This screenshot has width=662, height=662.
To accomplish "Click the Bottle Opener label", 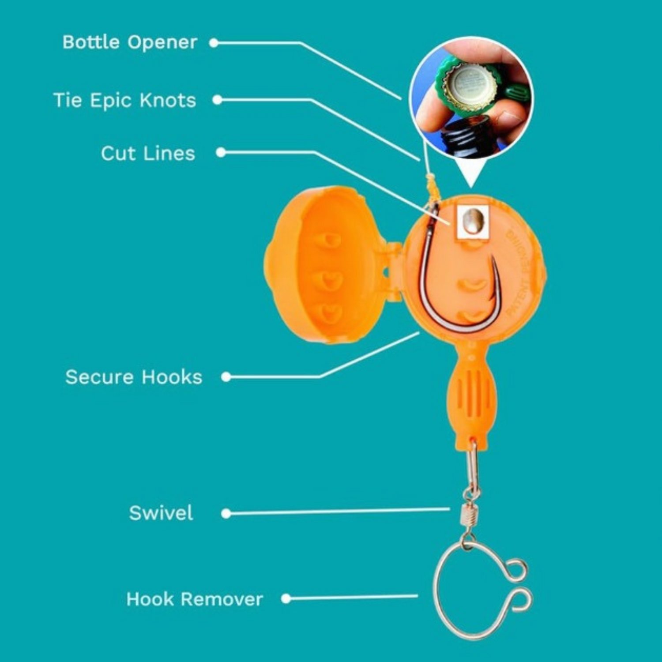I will coord(129,42).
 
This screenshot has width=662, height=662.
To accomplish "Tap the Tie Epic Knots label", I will coord(124,100).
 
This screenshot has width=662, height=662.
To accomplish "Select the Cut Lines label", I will coord(148,154).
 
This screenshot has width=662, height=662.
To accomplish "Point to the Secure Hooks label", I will coord(134,377).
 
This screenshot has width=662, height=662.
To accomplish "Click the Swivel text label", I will coord(161,513).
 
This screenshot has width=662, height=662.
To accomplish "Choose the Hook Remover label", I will coord(194,599).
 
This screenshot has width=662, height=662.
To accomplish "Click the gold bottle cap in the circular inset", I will coord(466,84).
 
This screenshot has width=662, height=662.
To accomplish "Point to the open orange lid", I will coord(322,265).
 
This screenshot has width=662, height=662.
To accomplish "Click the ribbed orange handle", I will coord(470,397).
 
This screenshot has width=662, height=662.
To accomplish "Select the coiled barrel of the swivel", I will coord(469,515).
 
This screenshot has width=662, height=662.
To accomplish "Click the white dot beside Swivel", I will coord(226,513).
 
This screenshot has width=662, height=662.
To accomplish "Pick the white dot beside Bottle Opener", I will coord(214,43).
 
